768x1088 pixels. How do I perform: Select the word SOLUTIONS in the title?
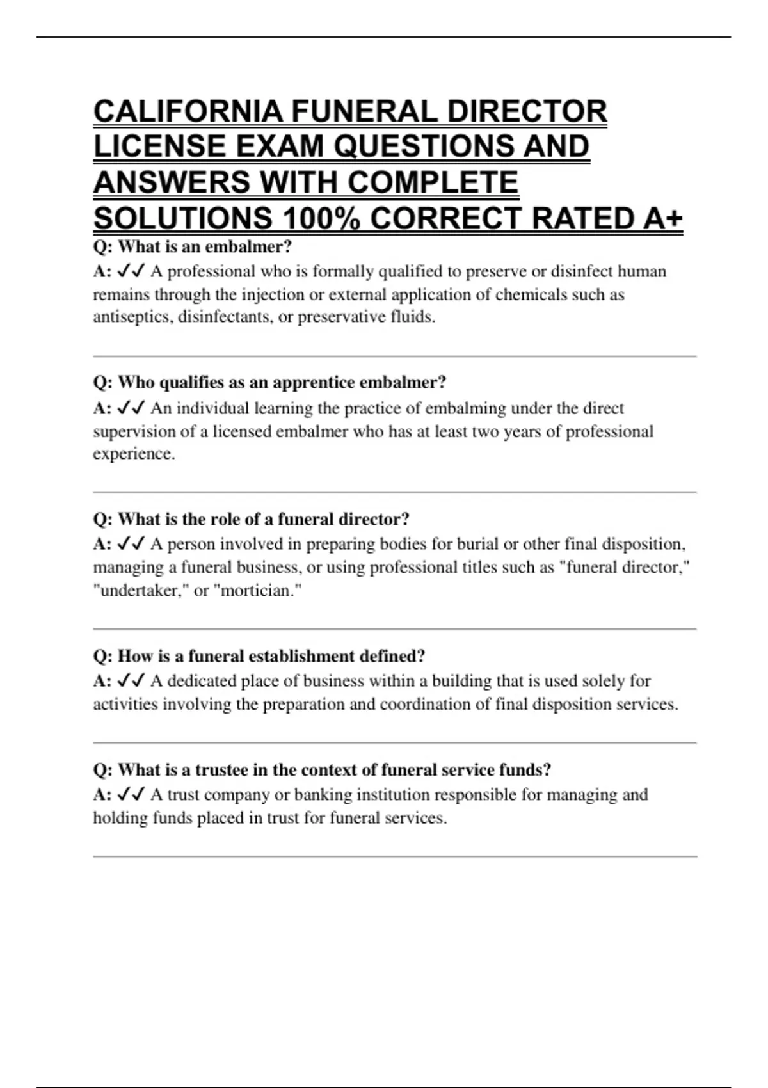pyautogui.click(x=182, y=219)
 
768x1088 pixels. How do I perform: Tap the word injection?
pyautogui.click(x=272, y=294)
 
